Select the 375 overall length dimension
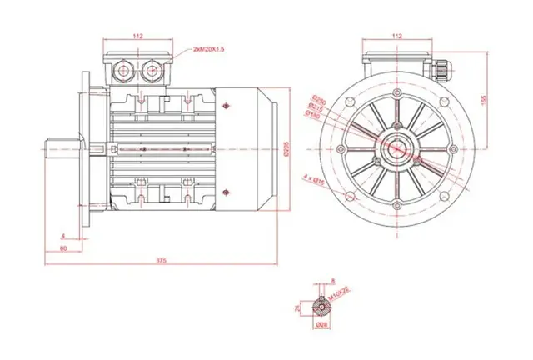(x=162, y=262)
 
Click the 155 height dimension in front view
(x=484, y=97)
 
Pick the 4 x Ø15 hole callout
(x=316, y=177)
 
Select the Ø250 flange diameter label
(x=318, y=98)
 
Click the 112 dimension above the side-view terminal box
(x=138, y=37)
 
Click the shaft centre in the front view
(x=396, y=148)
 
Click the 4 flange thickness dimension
(x=64, y=236)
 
